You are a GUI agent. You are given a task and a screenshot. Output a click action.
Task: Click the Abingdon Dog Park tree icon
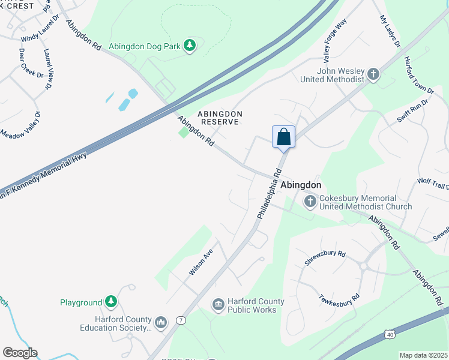(x=190, y=46)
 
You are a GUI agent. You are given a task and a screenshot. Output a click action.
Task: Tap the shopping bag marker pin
(x=283, y=137)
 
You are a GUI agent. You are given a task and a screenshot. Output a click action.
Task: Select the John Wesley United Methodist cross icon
(x=373, y=74)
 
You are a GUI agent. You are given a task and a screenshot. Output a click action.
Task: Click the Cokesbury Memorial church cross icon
(x=310, y=202)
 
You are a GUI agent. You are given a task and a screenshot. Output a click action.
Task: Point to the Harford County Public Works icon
(x=218, y=305)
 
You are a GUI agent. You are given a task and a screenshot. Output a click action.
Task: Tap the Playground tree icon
(x=110, y=302)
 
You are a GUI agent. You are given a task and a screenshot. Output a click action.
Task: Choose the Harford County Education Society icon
(x=160, y=323)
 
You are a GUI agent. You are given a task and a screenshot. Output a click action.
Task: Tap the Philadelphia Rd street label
(x=269, y=193)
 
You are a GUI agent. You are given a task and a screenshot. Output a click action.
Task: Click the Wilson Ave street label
(x=201, y=263)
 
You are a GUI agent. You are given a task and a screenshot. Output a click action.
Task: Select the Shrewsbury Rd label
(x=325, y=258)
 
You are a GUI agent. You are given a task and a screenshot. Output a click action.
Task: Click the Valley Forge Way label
(x=335, y=41)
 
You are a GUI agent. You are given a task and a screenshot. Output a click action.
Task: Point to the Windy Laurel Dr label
(x=40, y=29)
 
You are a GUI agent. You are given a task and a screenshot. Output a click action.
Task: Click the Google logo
(x=19, y=353)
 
